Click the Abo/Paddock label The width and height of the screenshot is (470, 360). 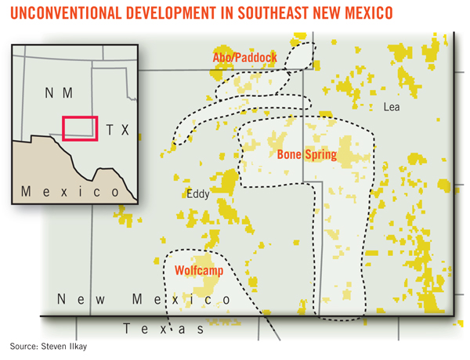tap(244, 59)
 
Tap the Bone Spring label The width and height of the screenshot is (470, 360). tap(306, 155)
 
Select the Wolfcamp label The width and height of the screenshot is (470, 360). tap(198, 271)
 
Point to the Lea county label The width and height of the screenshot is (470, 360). tap(391, 107)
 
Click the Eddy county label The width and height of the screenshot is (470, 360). tap(197, 194)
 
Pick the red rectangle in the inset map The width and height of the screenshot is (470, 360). tap(80, 128)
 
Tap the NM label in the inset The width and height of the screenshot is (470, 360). tap(57, 93)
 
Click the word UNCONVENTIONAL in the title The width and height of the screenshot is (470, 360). tap(63, 14)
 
